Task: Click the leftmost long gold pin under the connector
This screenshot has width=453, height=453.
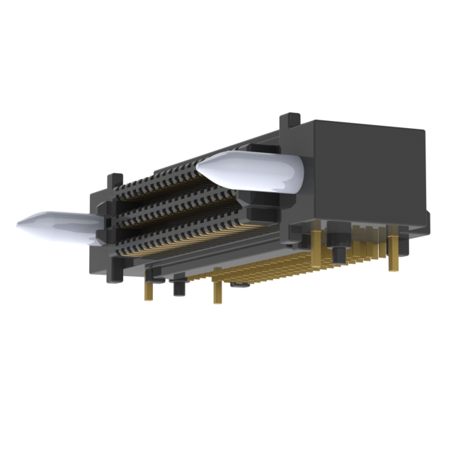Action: point(149,289)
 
